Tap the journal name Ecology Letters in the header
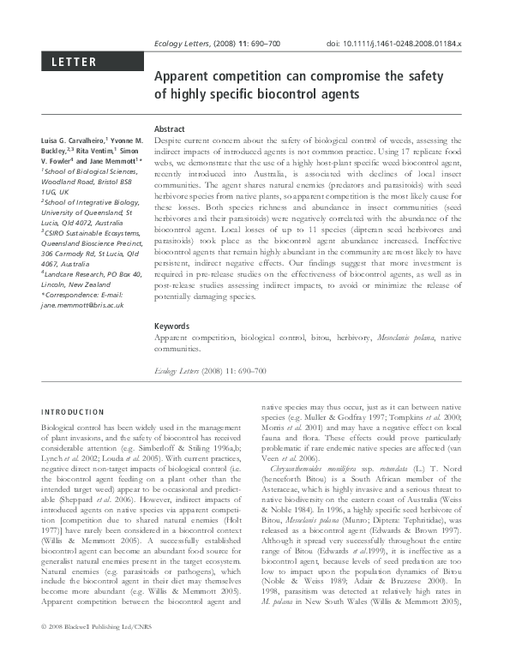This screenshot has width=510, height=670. click(180, 42)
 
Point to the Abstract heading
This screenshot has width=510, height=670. click(169, 129)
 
